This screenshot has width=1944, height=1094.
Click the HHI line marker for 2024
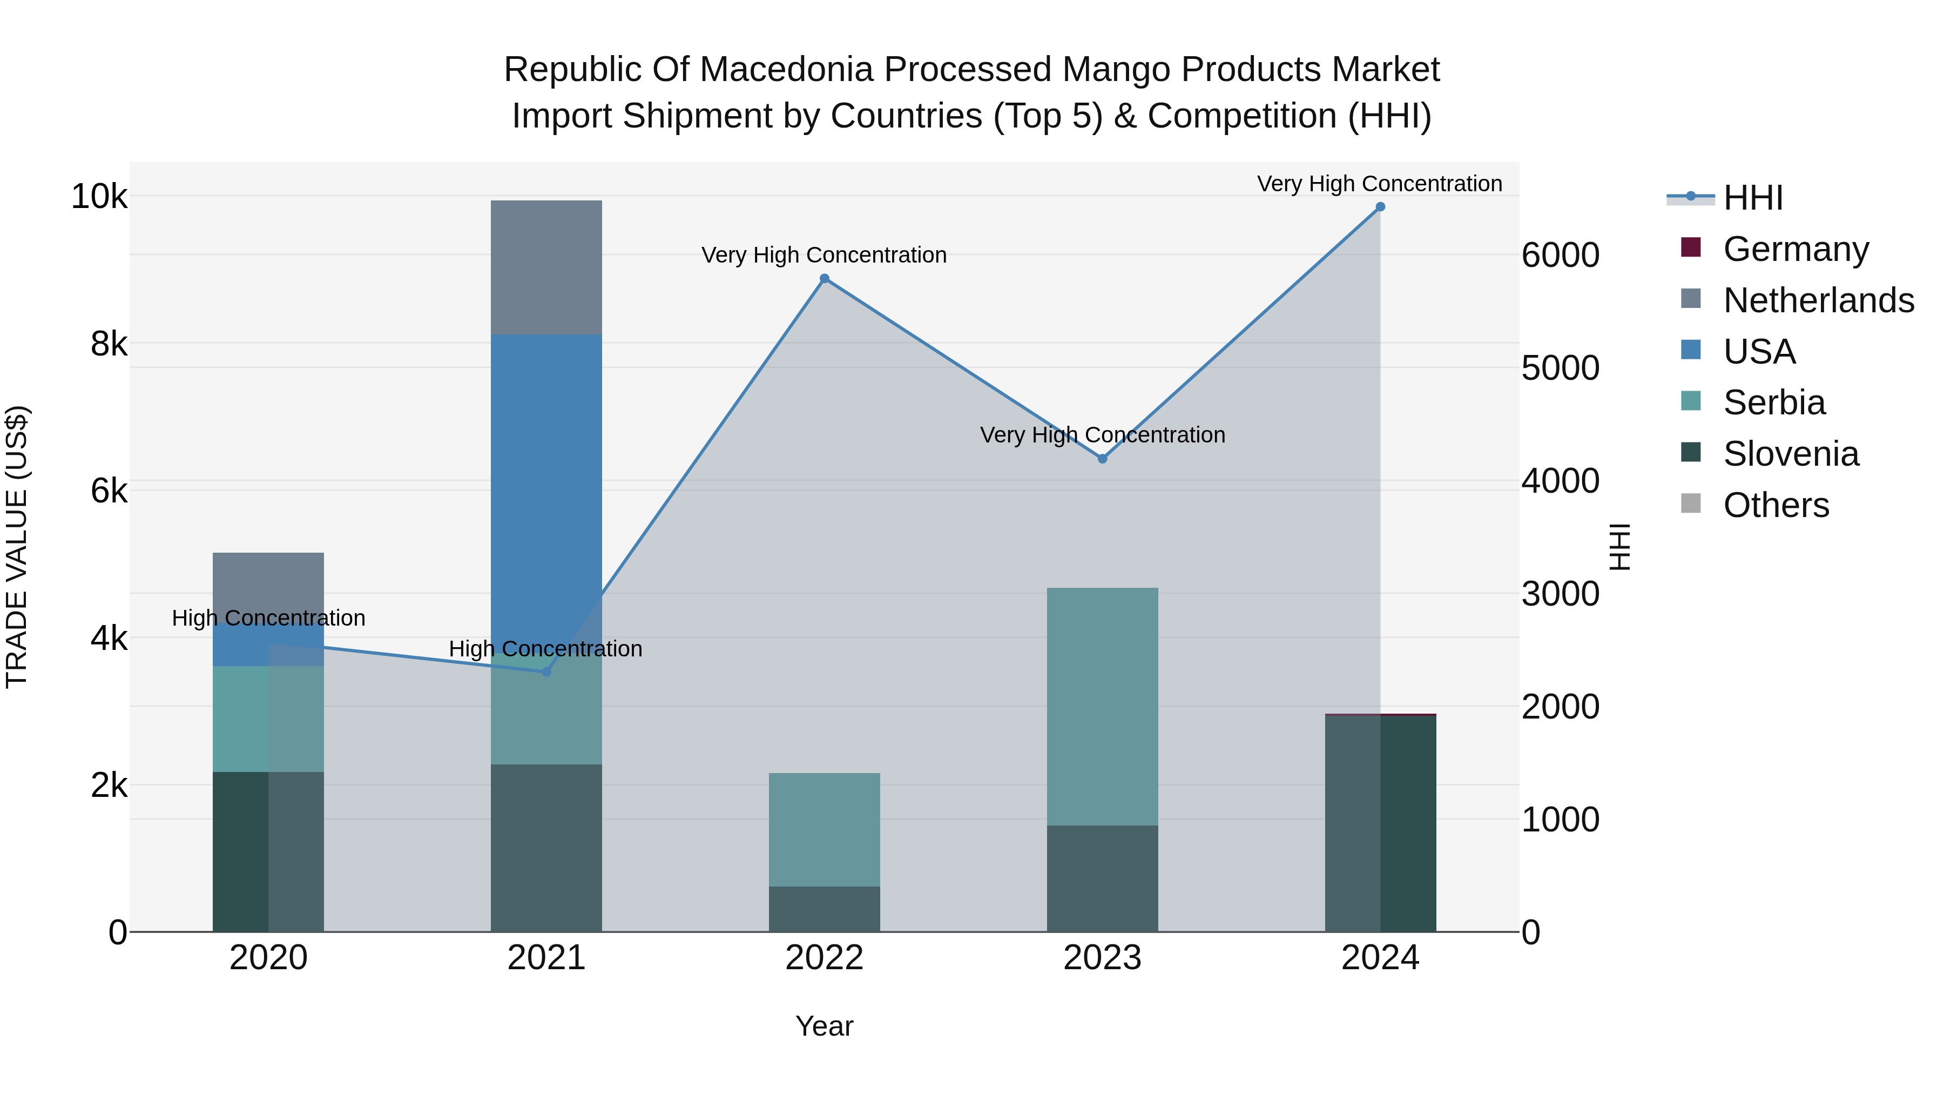coord(1380,207)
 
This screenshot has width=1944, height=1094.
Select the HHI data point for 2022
coord(824,279)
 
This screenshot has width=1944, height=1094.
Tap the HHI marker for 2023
coord(1103,458)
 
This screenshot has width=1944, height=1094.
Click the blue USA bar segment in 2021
coord(546,483)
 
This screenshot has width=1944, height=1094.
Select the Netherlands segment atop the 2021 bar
coord(546,267)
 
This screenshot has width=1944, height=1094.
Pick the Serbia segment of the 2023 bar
coord(1103,706)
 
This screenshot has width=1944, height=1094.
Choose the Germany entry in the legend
coord(1796,249)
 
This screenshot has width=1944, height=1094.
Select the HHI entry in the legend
coord(1752,198)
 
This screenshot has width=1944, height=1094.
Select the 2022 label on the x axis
coord(824,958)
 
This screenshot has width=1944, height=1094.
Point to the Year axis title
coord(824,1026)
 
